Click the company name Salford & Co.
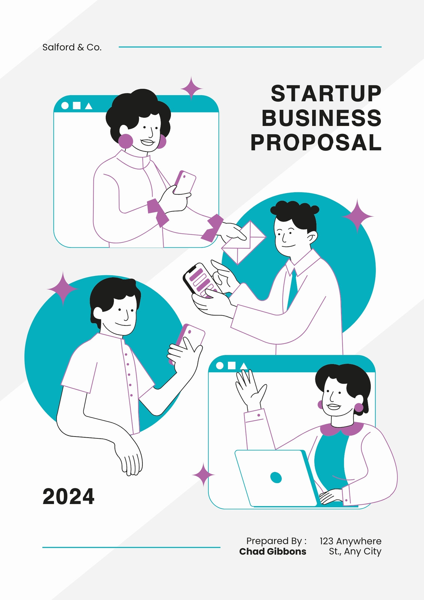72,47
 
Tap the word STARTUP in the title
326,93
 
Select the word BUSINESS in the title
321,118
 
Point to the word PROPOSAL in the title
316,142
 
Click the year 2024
68,496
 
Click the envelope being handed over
243,242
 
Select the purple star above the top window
192,88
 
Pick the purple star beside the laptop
203,474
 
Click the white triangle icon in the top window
88,106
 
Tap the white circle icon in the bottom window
220,366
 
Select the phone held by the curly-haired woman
185,182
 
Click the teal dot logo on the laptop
276,477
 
